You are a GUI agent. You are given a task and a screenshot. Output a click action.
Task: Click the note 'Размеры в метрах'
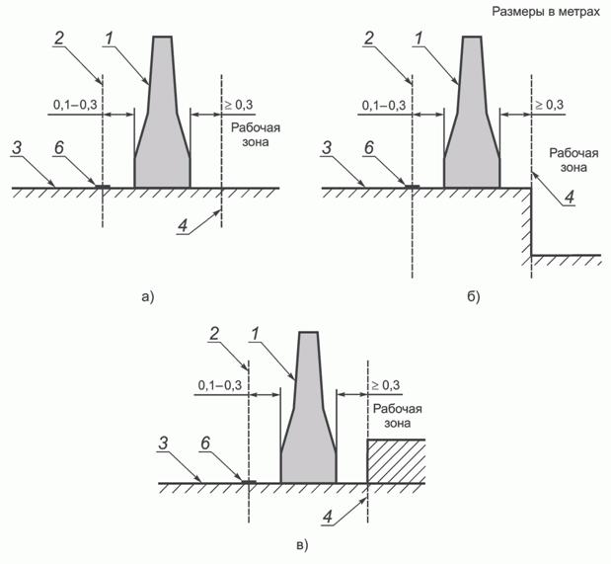(546, 12)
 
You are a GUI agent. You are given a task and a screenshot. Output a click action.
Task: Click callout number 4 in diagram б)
(569, 198)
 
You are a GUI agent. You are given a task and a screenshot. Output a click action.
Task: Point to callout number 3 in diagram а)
(17, 148)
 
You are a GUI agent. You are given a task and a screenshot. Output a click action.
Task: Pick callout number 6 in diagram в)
(205, 443)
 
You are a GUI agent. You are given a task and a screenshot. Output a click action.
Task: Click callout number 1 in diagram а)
(109, 39)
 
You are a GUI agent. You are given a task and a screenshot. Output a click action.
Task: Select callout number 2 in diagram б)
(368, 39)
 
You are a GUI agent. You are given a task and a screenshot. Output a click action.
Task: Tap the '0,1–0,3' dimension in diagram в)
(220, 386)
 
